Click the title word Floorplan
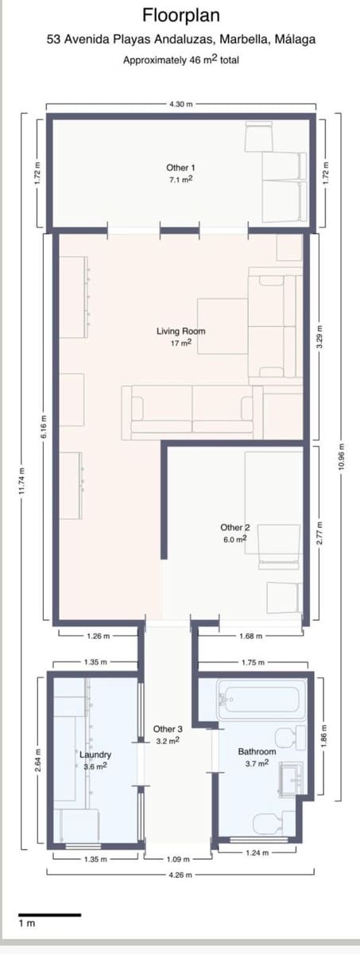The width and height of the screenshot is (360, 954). [x=181, y=15]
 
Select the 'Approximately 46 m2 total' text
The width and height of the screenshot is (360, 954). [x=181, y=60]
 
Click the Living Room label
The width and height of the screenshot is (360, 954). [x=181, y=332]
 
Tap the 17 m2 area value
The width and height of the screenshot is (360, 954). [x=181, y=344]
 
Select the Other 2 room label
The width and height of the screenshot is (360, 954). [x=235, y=527]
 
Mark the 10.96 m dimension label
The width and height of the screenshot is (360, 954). [x=341, y=457]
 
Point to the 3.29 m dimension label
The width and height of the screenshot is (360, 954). [x=320, y=336]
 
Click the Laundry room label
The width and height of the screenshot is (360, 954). [x=95, y=754]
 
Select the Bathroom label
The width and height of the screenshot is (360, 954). [x=257, y=751]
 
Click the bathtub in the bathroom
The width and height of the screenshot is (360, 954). [x=259, y=700]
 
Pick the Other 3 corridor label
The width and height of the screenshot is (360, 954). [x=168, y=729]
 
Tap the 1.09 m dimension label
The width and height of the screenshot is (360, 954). [x=179, y=859]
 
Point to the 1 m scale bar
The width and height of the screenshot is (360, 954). [x=49, y=915]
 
